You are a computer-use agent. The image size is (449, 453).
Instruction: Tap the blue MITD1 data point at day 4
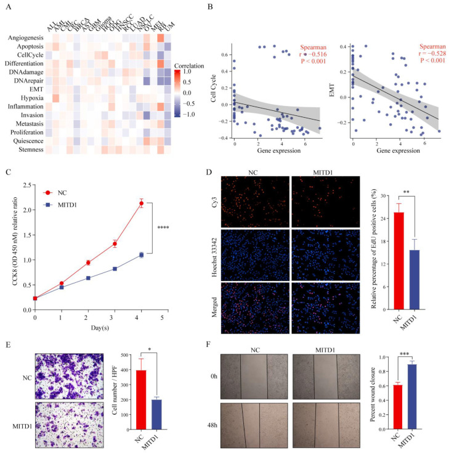[x=142, y=255]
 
